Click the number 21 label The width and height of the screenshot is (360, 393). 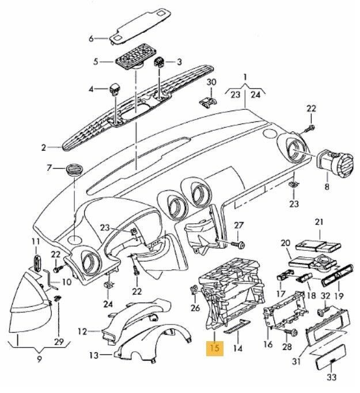coord(319,222)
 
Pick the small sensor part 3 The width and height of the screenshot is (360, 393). coord(162,63)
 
